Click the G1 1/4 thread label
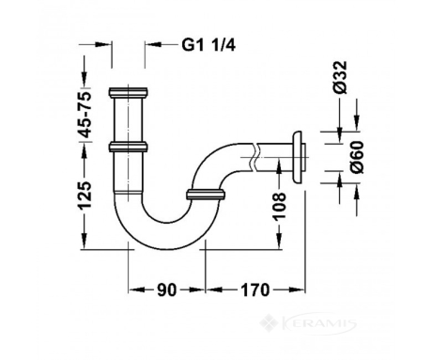point(208,46)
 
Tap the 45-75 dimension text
point(85,115)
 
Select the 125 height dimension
point(85,196)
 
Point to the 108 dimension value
point(278,207)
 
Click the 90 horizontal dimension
point(166,290)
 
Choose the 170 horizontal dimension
point(255,290)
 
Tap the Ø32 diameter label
point(340,77)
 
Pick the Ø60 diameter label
point(357,157)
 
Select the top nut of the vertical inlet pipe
point(129,92)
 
